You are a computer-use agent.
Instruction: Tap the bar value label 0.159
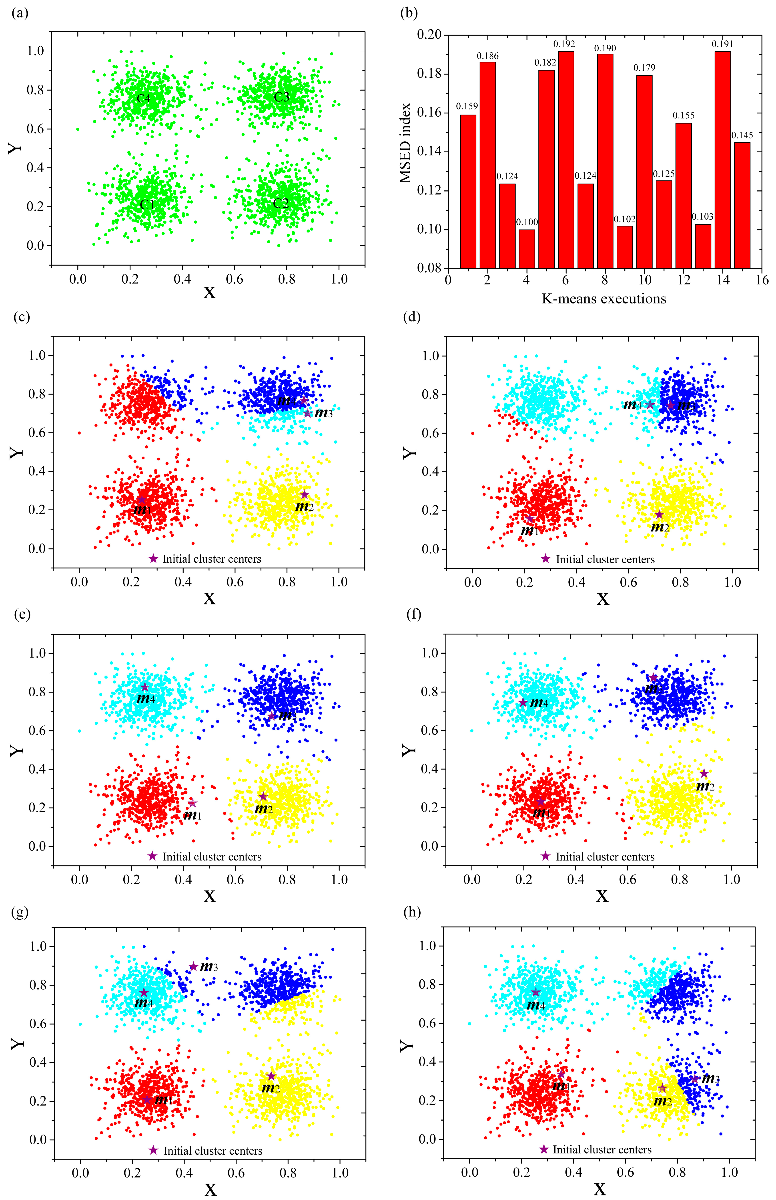[467, 106]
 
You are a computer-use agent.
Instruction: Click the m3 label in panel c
[323, 413]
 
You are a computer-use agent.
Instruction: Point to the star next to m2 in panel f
[704, 774]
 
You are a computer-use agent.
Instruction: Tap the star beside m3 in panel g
[193, 967]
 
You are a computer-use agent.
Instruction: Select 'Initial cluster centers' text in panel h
[602, 1149]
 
